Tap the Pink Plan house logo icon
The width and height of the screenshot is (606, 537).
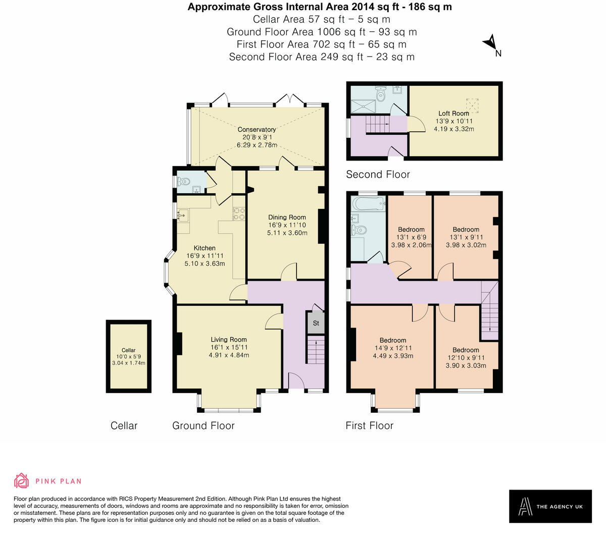pos(21,480)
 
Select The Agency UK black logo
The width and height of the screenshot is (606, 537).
pos(550,506)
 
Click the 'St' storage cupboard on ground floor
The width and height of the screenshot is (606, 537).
pos(316,323)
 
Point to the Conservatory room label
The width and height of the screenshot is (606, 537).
pos(257,130)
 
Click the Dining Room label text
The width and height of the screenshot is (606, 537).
pos(287,217)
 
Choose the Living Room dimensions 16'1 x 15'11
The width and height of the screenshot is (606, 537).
pos(229,347)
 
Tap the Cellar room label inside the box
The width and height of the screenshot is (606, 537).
pos(128,350)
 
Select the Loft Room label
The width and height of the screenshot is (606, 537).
pos(453,114)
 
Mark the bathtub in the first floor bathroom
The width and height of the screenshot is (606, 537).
pos(368,204)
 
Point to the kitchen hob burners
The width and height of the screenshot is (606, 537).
pos(238,214)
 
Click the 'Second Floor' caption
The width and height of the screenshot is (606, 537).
pos(378,175)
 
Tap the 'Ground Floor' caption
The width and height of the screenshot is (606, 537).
pos(204,425)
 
